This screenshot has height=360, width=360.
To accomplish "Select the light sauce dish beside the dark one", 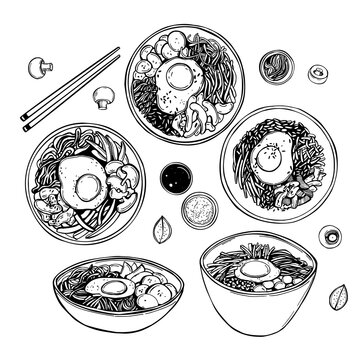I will (x=196, y=212).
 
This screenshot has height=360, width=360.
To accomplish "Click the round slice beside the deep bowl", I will (x=328, y=238).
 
